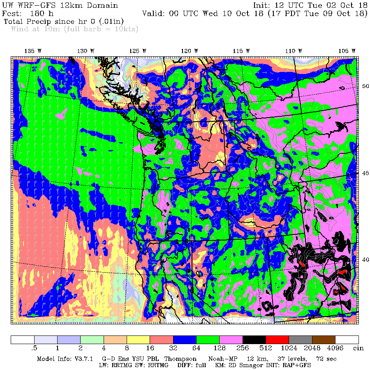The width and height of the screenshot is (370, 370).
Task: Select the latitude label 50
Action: pos(365,86)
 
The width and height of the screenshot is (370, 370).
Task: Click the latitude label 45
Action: pos(365,173)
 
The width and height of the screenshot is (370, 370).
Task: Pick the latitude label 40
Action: pos(365,259)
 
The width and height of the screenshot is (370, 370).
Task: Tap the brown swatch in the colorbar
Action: pos(324,340)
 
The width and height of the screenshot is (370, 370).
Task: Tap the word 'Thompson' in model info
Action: pos(177,359)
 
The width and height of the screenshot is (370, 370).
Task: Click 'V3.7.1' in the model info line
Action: pos(85,359)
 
